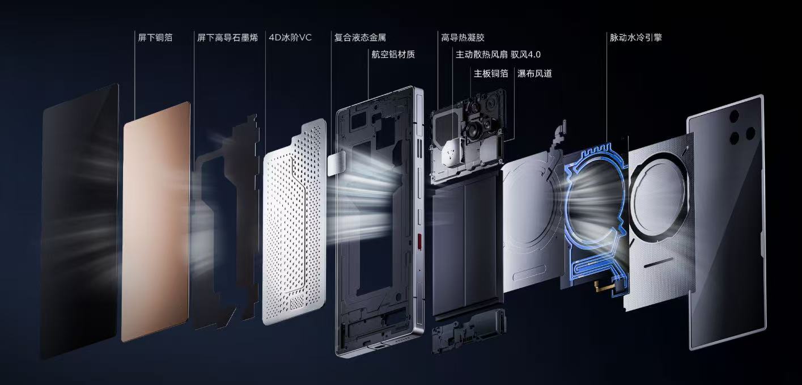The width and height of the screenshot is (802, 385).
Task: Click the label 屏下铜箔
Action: [x=155, y=37]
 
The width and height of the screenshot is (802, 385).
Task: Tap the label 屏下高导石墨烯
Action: [x=228, y=37]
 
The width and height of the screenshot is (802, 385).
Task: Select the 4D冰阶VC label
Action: [x=290, y=37]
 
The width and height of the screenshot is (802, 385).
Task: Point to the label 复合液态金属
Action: [x=360, y=37]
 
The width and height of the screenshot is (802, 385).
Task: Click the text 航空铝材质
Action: [x=393, y=54]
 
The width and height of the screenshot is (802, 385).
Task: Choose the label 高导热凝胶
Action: [x=462, y=37]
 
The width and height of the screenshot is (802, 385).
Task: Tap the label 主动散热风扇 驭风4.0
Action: [x=498, y=54]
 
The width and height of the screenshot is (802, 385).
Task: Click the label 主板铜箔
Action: [x=491, y=73]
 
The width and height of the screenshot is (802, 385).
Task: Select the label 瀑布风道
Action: [x=534, y=73]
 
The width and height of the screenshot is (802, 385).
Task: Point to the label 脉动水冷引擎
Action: [x=636, y=37]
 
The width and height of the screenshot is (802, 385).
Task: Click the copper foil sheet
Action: [x=156, y=222]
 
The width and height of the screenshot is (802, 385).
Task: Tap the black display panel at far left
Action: [x=79, y=222]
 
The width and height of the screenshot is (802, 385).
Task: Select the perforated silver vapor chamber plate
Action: [x=294, y=222]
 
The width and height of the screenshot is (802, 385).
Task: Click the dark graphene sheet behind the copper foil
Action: [x=226, y=222]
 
